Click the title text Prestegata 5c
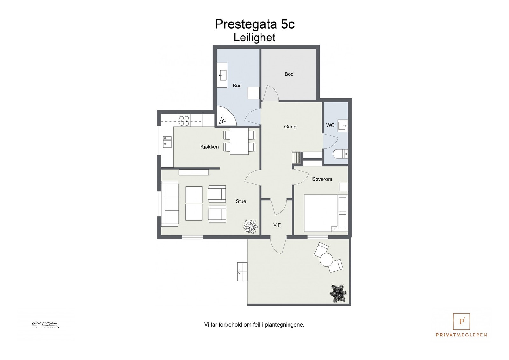coord(254,24)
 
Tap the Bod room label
coord(289,74)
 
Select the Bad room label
coord(237,86)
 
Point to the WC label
coord(330,125)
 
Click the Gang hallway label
coord(290,127)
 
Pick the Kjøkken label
coord(209,147)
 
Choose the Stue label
coord(241,201)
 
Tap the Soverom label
coord(322,179)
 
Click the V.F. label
coord(277,225)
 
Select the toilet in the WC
coord(340,155)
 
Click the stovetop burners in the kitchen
coord(184,121)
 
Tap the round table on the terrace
coord(326,259)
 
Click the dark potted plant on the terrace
coord(338,293)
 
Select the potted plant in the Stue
coord(250,226)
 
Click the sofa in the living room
coord(170,204)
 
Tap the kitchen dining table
coord(239,141)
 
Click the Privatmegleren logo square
coord(461,322)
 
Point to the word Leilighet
coord(254,38)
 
